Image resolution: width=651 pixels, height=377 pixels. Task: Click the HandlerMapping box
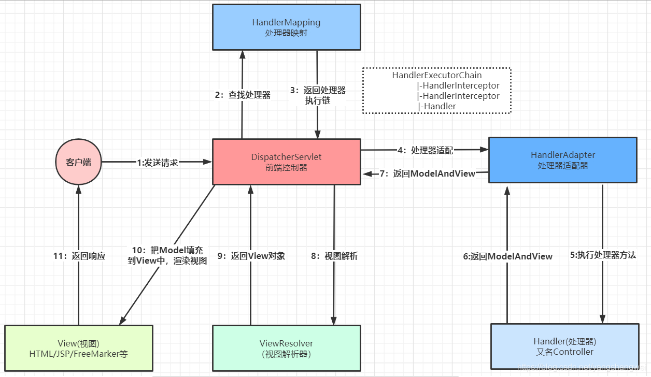(x=286, y=27)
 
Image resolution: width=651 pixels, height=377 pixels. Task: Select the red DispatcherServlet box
(x=286, y=162)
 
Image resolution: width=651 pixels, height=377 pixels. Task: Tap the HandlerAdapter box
(x=562, y=160)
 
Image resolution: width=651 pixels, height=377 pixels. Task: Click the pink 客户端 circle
(x=79, y=162)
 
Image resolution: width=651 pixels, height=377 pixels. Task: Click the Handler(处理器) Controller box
(x=564, y=346)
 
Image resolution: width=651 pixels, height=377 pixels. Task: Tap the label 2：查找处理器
(x=243, y=95)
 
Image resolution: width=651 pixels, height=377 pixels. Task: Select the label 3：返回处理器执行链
(x=318, y=95)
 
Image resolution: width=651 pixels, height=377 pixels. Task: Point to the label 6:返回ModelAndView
(x=508, y=256)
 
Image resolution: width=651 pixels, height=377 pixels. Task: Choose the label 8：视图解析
(x=334, y=256)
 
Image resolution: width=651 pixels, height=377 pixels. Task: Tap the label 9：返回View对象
(x=251, y=256)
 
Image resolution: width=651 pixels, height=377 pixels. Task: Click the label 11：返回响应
(x=79, y=256)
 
